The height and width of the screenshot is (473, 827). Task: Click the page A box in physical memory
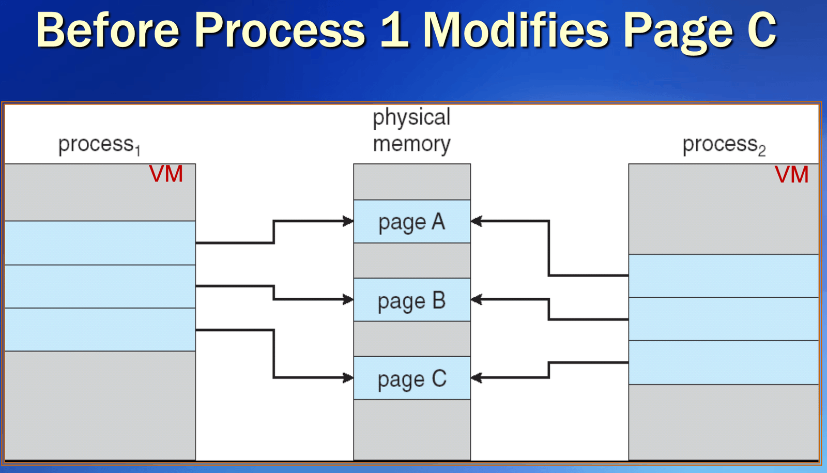click(412, 222)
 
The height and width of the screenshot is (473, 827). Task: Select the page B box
click(412, 300)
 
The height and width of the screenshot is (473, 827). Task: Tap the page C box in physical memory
click(412, 378)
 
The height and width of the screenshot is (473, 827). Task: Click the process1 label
click(99, 145)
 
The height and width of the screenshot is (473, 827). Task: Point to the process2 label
click(724, 145)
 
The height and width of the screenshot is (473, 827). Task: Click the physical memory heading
click(411, 130)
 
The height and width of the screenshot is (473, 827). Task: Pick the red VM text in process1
click(166, 174)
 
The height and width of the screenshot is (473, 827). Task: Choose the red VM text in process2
click(791, 175)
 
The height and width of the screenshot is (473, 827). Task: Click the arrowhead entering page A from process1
click(348, 222)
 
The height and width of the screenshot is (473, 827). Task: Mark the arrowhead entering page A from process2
click(476, 222)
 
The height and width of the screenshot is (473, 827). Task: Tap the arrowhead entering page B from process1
click(348, 299)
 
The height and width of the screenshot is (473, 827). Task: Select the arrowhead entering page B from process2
click(476, 299)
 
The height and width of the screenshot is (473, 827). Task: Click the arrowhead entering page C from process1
click(348, 378)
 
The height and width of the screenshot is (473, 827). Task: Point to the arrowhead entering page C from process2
click(476, 378)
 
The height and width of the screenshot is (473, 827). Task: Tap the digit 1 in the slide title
click(395, 30)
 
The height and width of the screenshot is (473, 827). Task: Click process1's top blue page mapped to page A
click(100, 243)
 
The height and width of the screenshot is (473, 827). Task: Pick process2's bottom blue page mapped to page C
click(724, 362)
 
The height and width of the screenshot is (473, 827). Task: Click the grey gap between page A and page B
click(412, 261)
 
